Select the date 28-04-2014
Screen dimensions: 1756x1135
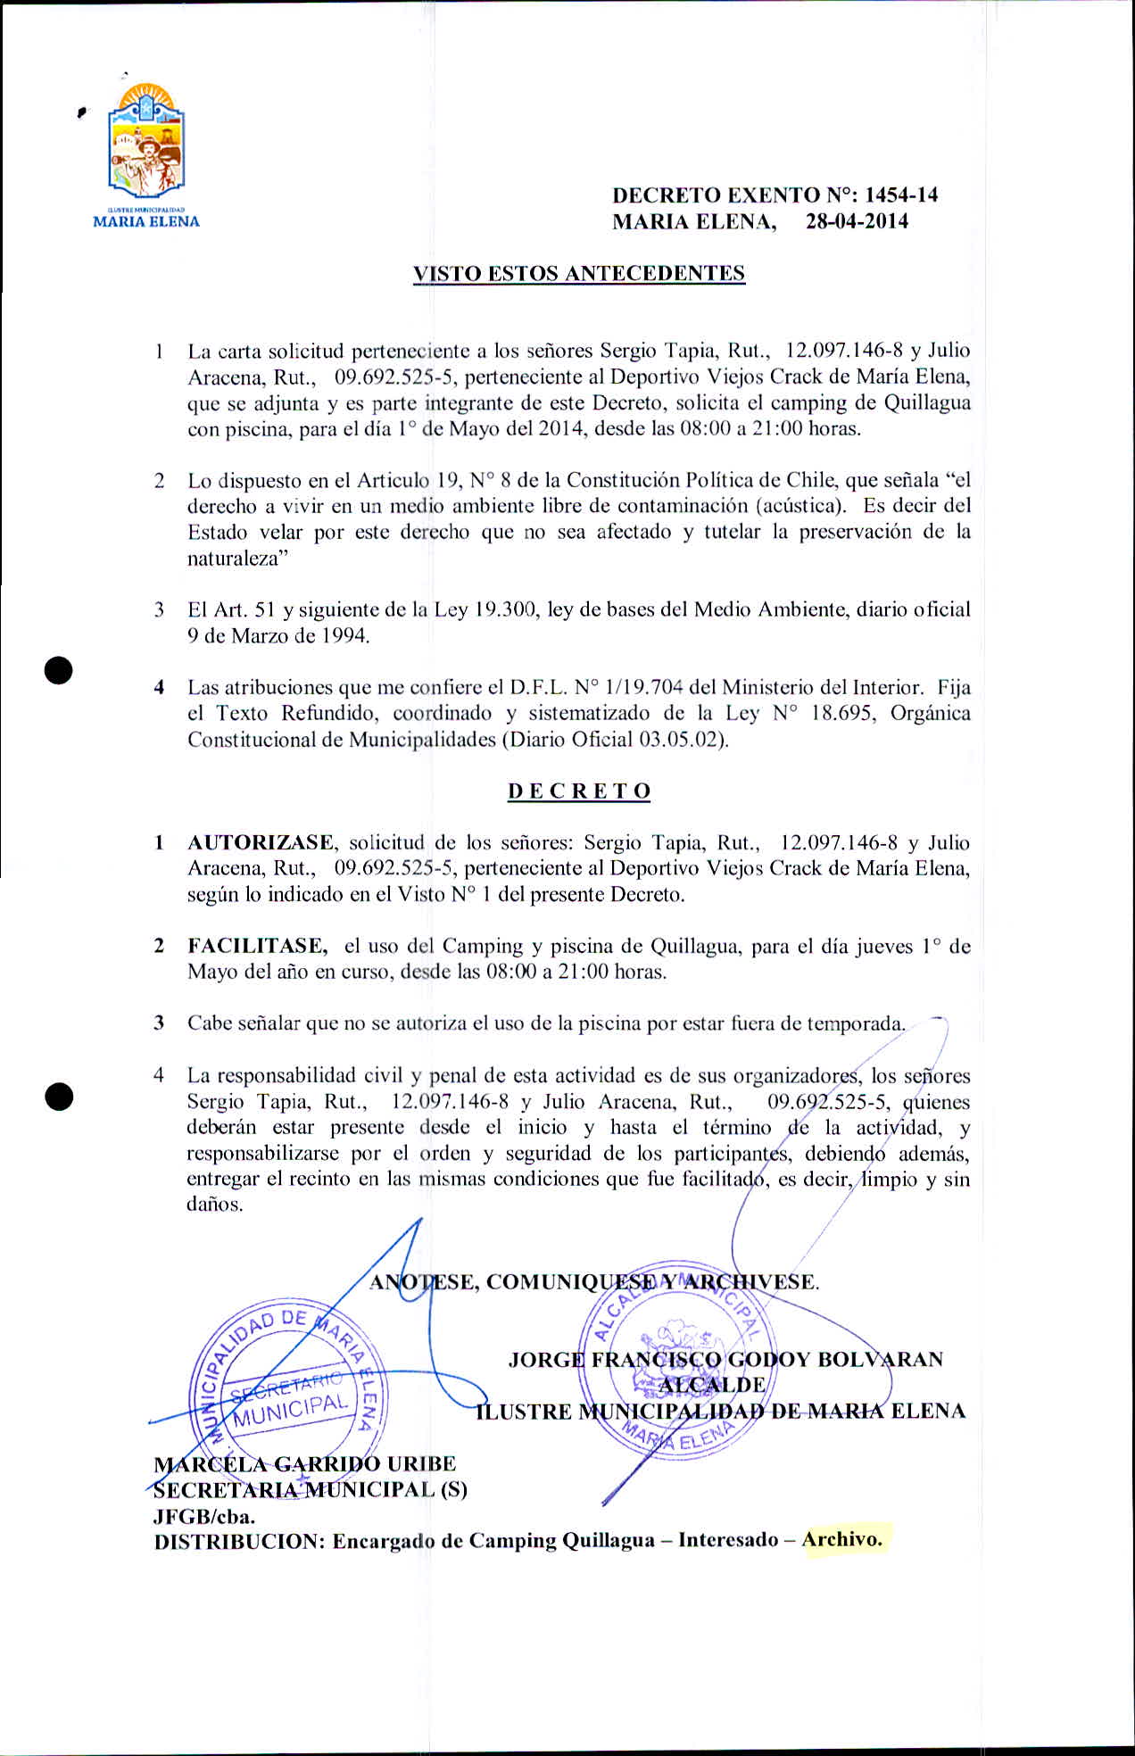857,222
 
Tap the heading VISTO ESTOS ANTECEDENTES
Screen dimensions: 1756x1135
578,274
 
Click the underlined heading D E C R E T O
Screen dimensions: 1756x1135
579,791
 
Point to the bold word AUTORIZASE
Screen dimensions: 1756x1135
261,843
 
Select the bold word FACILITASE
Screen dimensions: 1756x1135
257,947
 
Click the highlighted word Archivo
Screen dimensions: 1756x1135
841,1539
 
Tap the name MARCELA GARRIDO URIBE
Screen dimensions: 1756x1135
304,1464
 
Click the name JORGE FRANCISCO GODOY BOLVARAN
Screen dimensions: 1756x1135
725,1360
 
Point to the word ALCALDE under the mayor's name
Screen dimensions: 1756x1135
712,1385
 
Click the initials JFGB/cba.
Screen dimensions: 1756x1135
204,1515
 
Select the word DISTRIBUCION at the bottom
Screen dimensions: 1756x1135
236,1541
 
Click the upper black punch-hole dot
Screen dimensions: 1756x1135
59,669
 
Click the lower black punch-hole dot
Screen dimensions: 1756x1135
59,1097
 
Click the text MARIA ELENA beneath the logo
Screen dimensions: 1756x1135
146,222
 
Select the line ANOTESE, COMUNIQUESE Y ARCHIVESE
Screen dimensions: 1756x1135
594,1282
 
